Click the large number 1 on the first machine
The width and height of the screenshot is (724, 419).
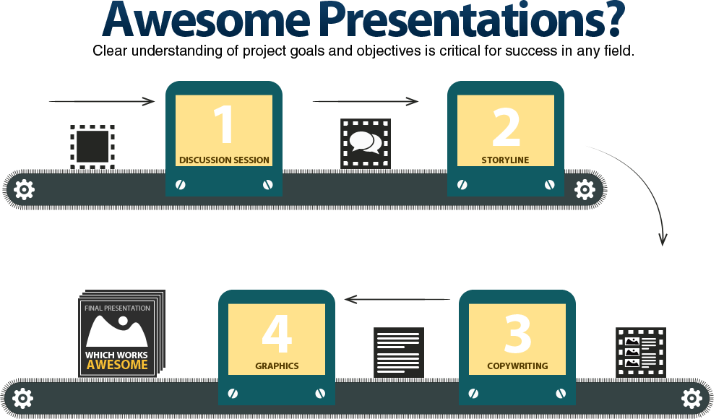[224, 124]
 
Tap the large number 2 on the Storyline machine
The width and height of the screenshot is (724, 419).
[506, 126]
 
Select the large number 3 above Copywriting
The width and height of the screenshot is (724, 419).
[517, 332]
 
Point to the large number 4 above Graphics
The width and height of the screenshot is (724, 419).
[277, 333]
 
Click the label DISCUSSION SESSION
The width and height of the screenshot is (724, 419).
[224, 160]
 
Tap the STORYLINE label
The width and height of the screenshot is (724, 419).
[505, 160]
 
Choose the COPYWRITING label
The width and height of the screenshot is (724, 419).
[517, 366]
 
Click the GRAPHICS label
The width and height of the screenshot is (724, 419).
[277, 366]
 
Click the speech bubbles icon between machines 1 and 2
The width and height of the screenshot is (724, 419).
[366, 143]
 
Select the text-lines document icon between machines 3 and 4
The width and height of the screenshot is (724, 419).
[398, 351]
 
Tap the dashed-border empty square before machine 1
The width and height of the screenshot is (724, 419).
[92, 147]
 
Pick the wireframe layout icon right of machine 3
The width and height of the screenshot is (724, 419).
[640, 351]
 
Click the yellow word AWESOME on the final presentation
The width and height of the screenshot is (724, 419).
[117, 365]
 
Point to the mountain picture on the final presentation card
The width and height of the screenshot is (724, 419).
[117, 332]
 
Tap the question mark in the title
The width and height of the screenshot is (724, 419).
[607, 19]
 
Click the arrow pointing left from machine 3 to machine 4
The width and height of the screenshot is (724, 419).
[397, 298]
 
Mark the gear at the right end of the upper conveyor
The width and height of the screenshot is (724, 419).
[585, 190]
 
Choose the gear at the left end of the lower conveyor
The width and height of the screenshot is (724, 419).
[23, 398]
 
